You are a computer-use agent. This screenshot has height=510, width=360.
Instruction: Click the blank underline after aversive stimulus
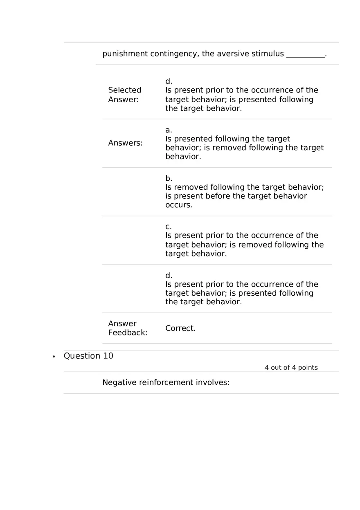point(305,54)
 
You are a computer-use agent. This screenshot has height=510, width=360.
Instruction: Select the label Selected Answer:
point(125,95)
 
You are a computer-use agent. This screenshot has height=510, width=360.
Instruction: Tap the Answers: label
point(125,143)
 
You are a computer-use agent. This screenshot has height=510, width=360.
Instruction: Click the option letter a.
point(169,130)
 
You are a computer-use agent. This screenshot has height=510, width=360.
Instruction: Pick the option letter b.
point(169,178)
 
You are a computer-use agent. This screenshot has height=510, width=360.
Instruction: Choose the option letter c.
point(169,227)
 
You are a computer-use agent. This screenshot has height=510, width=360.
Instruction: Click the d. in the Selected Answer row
point(169,81)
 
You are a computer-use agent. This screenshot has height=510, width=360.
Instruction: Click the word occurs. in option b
point(179,205)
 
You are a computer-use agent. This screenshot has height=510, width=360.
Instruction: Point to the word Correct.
point(180,328)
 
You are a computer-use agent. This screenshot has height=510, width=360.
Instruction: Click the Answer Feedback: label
point(128,328)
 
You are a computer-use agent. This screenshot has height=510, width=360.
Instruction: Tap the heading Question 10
point(88,356)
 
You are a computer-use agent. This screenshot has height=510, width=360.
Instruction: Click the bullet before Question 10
point(54,357)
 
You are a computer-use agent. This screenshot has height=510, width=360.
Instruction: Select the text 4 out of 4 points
point(291,368)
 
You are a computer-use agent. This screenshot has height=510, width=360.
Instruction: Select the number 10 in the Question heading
point(108,356)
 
